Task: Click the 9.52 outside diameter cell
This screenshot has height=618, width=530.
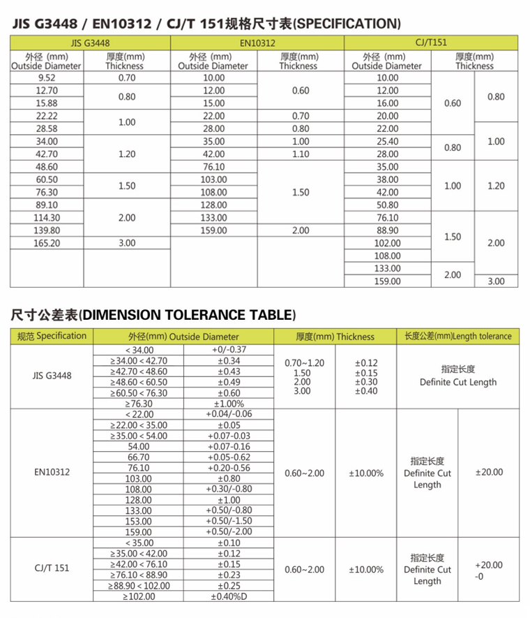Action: pos(47,78)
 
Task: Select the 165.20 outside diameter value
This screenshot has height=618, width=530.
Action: pos(47,243)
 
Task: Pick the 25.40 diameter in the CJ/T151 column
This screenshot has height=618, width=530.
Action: pos(387,141)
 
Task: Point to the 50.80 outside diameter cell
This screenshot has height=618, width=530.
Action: pos(387,205)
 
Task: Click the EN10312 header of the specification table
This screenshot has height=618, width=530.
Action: pos(257,43)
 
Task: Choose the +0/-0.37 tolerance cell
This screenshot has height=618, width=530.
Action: pos(229,350)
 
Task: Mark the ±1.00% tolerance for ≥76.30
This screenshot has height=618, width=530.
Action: pos(229,403)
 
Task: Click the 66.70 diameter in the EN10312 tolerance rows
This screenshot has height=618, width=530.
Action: pos(139,457)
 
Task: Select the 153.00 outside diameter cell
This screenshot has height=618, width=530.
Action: pos(139,521)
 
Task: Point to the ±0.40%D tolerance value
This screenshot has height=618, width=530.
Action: pos(229,596)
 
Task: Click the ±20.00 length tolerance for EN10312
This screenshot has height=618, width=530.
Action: pos(488,473)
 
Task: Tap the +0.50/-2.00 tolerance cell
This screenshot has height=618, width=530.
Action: pos(229,531)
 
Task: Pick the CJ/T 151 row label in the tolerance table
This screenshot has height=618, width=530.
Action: pos(52,569)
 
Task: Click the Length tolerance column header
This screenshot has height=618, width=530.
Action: pos(457,336)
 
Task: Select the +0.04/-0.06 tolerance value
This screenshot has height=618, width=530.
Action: pos(229,414)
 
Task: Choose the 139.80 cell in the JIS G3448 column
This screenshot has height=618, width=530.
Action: pos(47,230)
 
